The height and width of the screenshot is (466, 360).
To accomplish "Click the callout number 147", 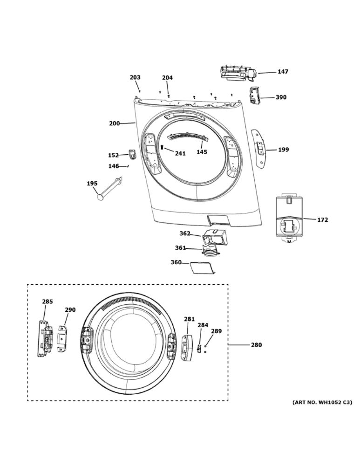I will point(283,72).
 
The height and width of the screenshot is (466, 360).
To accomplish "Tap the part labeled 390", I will point(254,96).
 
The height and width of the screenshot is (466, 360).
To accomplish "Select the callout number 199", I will point(283,150).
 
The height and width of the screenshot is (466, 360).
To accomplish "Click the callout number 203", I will point(135,77).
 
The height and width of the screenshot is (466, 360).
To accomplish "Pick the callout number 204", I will point(167,78).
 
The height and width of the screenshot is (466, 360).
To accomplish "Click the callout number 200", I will point(115,123).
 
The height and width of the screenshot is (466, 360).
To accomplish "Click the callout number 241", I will point(180,153).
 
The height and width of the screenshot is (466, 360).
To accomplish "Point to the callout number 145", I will point(202,152).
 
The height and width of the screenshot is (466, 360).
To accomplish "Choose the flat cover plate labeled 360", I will point(202,268).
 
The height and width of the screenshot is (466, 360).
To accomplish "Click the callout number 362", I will point(185,233).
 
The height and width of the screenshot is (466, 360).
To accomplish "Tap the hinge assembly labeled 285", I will point(46,338).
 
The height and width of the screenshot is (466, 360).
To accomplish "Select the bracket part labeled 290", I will point(62,338).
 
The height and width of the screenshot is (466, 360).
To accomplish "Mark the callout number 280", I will point(256,345).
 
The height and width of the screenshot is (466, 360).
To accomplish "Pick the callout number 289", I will point(217,331).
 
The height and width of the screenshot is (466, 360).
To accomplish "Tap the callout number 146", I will point(114,166).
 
